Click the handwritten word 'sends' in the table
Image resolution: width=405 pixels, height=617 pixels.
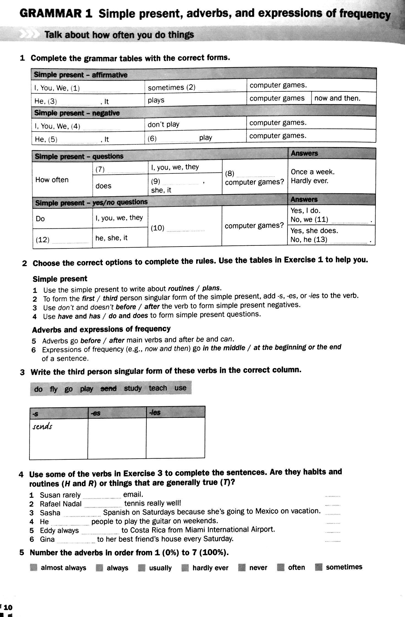coord(42,427)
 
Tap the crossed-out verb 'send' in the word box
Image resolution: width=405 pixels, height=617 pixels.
coord(109,388)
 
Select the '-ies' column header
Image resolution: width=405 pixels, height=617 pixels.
coord(155,412)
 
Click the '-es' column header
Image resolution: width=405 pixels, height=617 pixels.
coord(95,413)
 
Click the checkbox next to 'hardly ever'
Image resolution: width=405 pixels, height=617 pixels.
coord(185,568)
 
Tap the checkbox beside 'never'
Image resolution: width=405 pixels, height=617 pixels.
coord(242,567)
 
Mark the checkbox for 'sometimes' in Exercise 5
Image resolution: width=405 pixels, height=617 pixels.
coord(319,567)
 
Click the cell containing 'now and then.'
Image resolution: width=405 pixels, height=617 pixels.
coord(337,98)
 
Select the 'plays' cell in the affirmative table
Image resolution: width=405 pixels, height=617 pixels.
coord(156,100)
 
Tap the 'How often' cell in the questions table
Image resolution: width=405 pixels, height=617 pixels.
coord(52,180)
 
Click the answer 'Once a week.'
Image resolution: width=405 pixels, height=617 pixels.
coord(313,172)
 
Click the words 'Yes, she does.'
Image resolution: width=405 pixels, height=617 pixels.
coord(314,230)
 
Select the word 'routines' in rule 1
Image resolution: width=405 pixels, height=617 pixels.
coord(181,288)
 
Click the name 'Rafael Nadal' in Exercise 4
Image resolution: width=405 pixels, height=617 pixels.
coord(61,504)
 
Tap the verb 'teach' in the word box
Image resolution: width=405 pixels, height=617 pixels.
coord(158,388)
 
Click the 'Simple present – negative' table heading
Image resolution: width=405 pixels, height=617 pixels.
coord(77,113)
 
